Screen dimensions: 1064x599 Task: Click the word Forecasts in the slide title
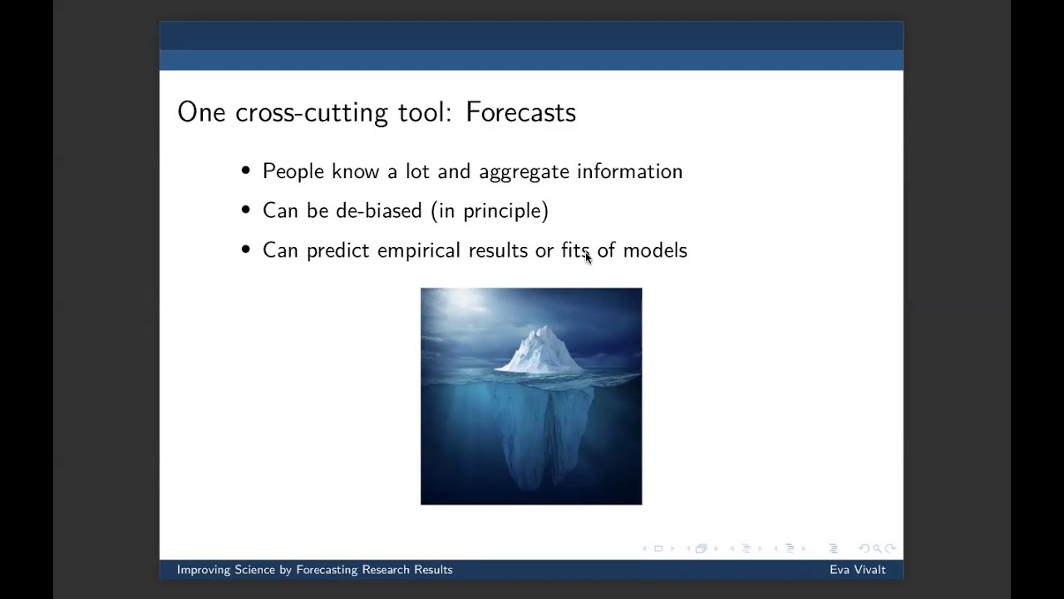click(520, 112)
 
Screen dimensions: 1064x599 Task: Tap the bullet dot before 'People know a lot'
click(245, 171)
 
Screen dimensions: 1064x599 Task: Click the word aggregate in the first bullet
click(524, 172)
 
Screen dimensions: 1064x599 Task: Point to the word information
click(630, 171)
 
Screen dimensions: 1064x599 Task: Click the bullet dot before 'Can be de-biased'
click(245, 210)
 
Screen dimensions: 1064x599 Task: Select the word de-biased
click(378, 210)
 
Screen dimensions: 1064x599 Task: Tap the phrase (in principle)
click(490, 211)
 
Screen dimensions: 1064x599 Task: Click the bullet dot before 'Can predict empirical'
click(245, 249)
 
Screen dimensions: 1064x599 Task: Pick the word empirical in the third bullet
click(419, 251)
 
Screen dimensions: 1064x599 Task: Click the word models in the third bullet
click(655, 250)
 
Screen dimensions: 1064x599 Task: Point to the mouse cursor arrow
click(588, 258)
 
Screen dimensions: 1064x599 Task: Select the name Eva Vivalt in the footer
click(857, 570)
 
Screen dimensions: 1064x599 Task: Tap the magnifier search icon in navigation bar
click(877, 548)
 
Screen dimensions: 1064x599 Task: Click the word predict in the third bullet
click(337, 251)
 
